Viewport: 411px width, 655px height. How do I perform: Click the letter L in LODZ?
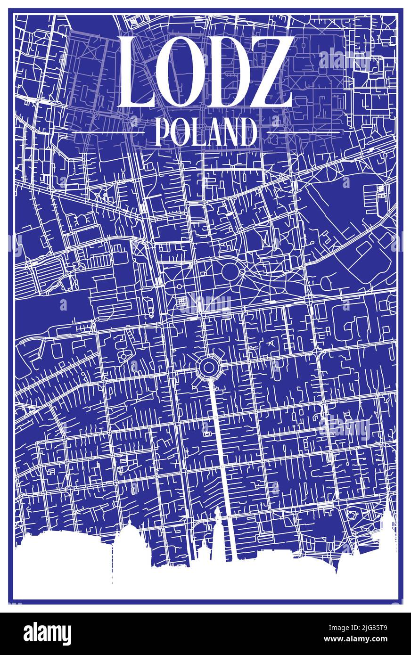[138, 73]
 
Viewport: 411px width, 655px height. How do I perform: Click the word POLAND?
[205, 132]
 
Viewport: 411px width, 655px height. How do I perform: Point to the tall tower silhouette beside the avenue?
[217, 532]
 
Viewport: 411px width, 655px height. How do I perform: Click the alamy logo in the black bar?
[47, 633]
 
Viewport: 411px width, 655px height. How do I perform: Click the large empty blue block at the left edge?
[52, 306]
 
